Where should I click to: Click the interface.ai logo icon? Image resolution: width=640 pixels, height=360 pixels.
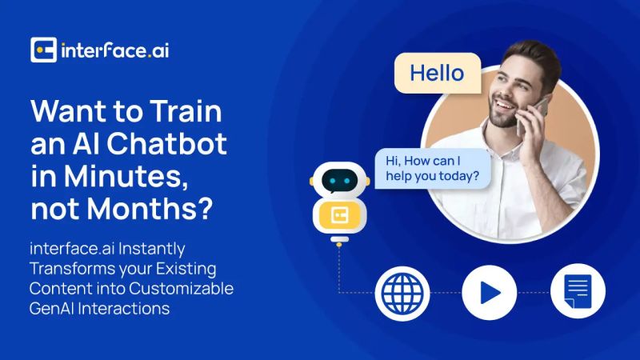(43, 50)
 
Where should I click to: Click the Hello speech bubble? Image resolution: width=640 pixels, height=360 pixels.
(437, 74)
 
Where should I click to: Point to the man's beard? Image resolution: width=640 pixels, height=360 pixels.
(502, 121)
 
